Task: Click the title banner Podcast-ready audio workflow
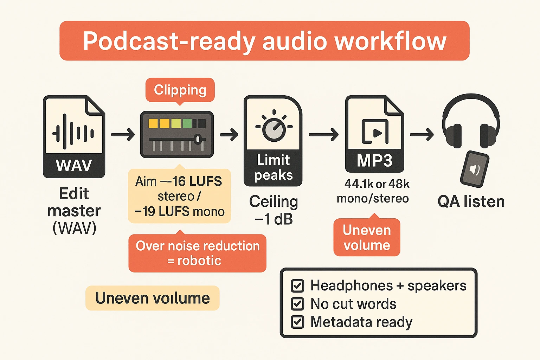click(264, 41)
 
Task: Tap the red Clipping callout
click(180, 90)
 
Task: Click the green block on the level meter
click(187, 123)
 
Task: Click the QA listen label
click(471, 202)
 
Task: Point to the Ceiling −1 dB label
click(274, 210)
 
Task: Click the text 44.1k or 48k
click(377, 184)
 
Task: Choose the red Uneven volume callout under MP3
click(367, 238)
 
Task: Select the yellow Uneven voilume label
click(152, 298)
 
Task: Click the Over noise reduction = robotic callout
click(197, 253)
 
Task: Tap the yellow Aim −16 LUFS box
click(179, 196)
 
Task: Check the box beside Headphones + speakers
click(297, 286)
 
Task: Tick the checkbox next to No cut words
click(297, 304)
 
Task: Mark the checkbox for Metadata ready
click(297, 322)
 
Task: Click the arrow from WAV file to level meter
click(123, 134)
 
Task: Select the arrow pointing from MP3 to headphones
click(422, 134)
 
